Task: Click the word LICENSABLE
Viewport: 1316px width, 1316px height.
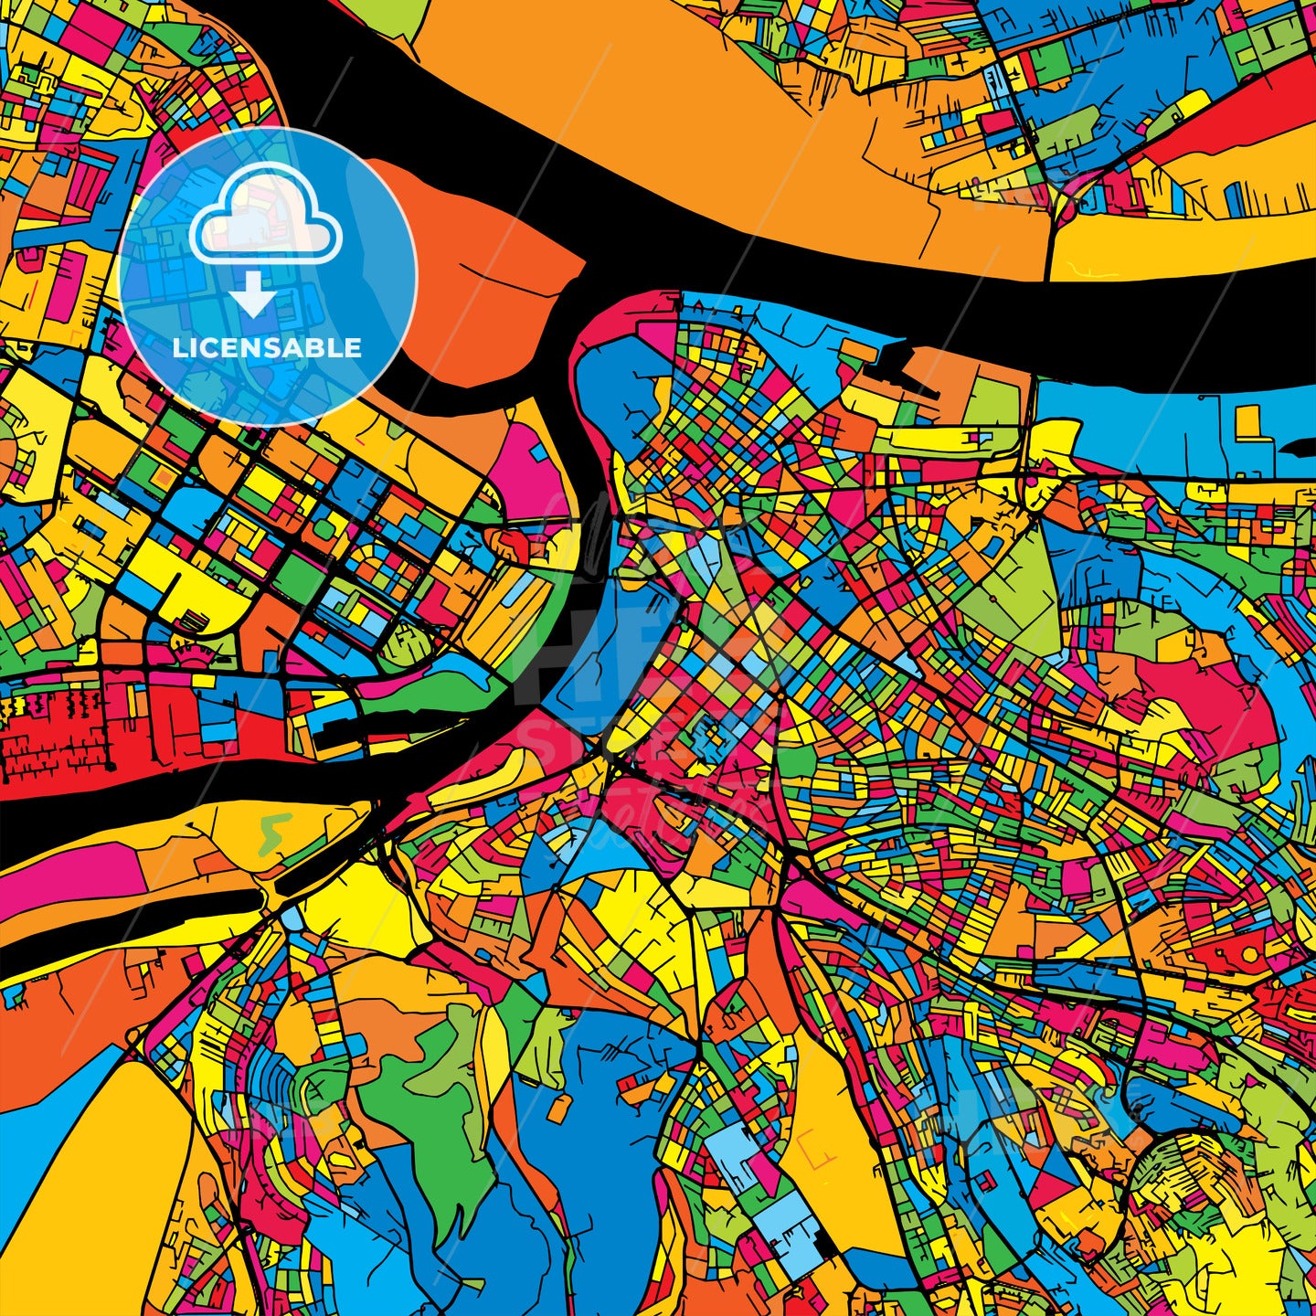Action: click(x=267, y=348)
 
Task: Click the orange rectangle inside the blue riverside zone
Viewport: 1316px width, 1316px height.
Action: click(x=1246, y=421)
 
